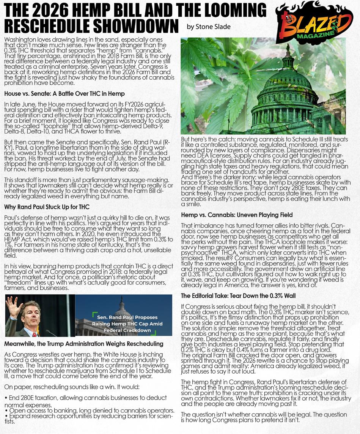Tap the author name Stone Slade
(209, 27)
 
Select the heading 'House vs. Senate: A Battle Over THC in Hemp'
(64, 93)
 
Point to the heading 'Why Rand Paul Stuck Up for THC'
(47, 207)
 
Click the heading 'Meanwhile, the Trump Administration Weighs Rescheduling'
(84, 344)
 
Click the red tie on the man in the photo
(35, 334)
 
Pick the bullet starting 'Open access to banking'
(90, 411)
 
